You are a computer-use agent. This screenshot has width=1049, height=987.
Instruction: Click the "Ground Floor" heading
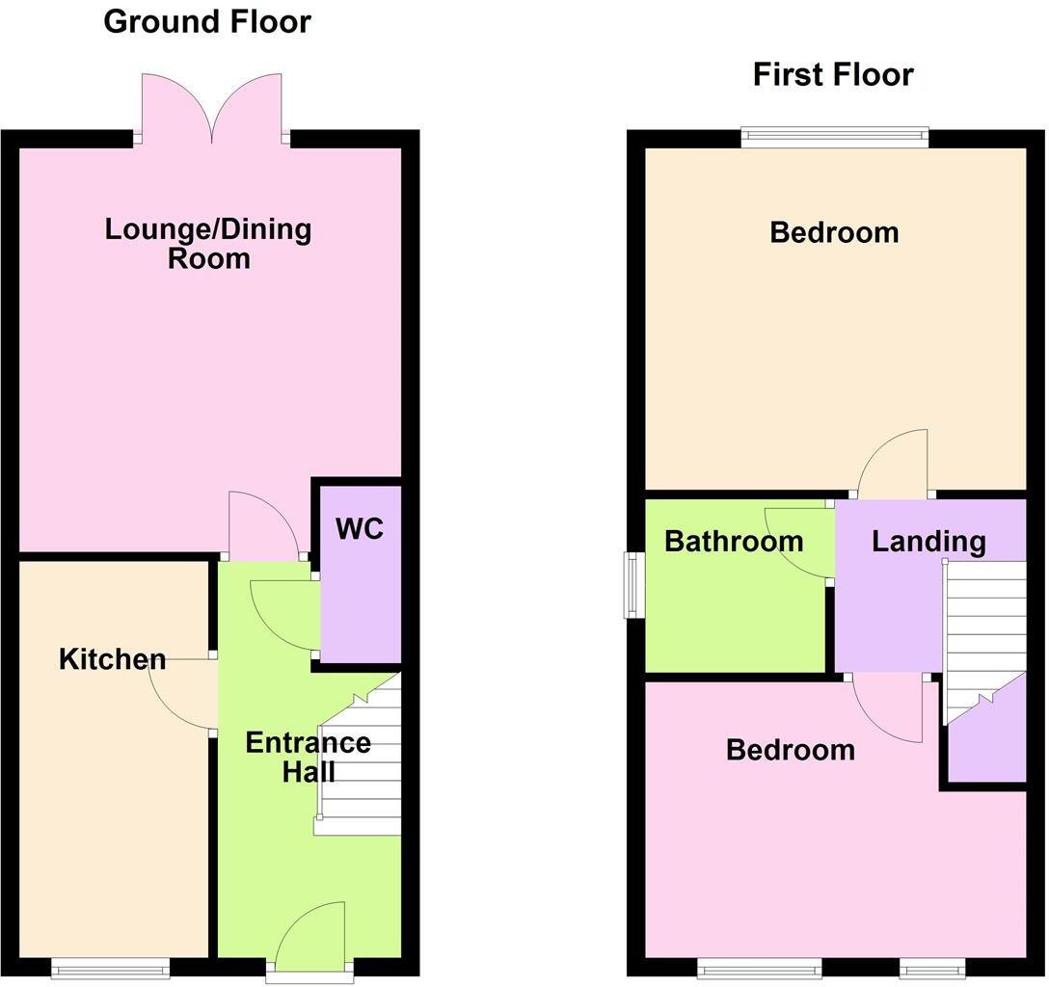click(207, 21)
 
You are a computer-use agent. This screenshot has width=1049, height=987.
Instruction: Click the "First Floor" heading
click(833, 74)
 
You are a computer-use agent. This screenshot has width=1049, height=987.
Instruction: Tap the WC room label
click(360, 528)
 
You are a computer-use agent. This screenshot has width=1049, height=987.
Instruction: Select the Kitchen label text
click(112, 659)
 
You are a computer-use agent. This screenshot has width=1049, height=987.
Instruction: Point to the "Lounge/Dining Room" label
click(208, 244)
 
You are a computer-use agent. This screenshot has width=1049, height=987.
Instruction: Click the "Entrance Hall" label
click(308, 757)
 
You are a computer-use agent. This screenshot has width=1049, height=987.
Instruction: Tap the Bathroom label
click(734, 541)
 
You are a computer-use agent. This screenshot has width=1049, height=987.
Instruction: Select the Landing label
click(928, 541)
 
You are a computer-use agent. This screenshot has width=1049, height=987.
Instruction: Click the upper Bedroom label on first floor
click(834, 232)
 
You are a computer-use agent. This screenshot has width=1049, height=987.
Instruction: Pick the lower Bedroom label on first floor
click(790, 749)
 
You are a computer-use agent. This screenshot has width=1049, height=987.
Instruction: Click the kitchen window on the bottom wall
click(111, 968)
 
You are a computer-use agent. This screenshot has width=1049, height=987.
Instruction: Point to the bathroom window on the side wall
click(632, 584)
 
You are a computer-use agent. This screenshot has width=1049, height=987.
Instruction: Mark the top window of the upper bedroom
click(834, 138)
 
